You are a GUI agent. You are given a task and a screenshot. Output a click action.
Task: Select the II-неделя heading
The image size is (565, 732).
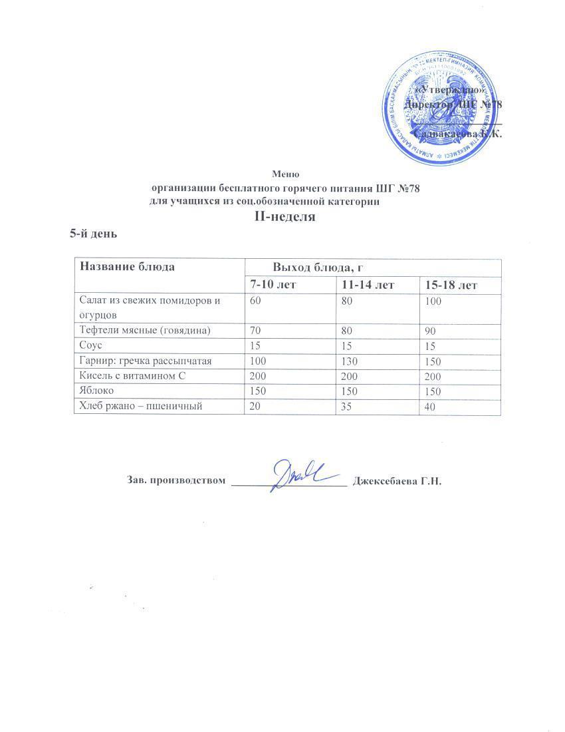tap(285, 217)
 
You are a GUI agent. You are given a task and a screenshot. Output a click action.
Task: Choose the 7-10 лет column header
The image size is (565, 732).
tap(273, 285)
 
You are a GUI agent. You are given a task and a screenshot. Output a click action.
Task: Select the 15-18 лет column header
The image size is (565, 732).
tap(451, 285)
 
